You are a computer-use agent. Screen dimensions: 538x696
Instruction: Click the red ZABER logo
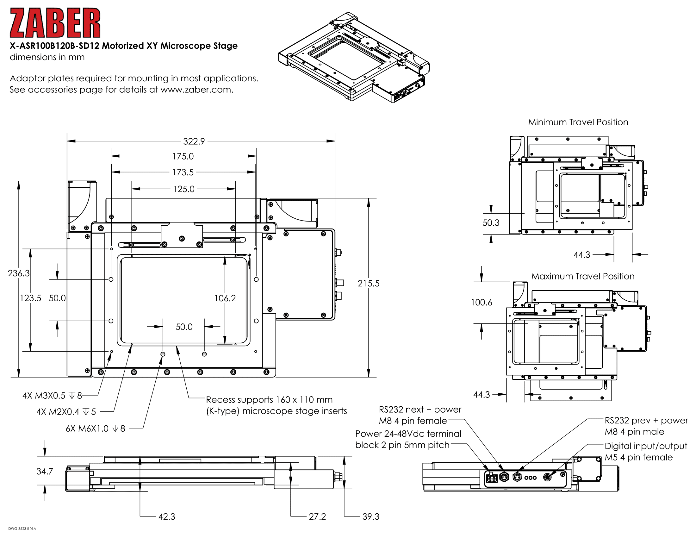(55, 23)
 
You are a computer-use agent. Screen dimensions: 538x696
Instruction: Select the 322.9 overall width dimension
(194, 141)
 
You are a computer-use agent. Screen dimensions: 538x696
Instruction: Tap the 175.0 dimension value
(183, 156)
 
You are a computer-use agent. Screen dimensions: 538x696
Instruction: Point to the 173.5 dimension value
(183, 172)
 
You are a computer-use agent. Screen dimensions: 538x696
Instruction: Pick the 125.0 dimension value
(183, 189)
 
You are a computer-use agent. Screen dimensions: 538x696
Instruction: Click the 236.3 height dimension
(18, 273)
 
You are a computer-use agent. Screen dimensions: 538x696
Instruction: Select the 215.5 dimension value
(368, 283)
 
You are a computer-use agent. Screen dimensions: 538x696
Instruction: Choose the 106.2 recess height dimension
(225, 298)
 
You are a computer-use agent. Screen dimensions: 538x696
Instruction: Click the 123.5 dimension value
(31, 298)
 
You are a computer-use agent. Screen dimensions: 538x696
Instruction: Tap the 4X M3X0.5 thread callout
(52, 396)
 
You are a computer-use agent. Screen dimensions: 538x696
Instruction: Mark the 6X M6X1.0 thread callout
(95, 429)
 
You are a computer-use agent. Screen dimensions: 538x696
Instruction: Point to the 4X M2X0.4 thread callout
(66, 412)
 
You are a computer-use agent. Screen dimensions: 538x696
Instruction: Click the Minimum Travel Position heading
(578, 122)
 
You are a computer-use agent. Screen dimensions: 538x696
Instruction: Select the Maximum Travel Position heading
(582, 276)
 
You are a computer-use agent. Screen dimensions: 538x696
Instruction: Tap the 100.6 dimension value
(481, 302)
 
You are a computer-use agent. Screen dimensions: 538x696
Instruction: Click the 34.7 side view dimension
(45, 472)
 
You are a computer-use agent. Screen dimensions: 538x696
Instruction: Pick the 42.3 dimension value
(167, 517)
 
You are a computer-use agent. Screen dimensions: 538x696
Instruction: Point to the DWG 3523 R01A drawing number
(22, 529)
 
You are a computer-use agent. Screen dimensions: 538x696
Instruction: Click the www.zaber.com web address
(196, 90)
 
